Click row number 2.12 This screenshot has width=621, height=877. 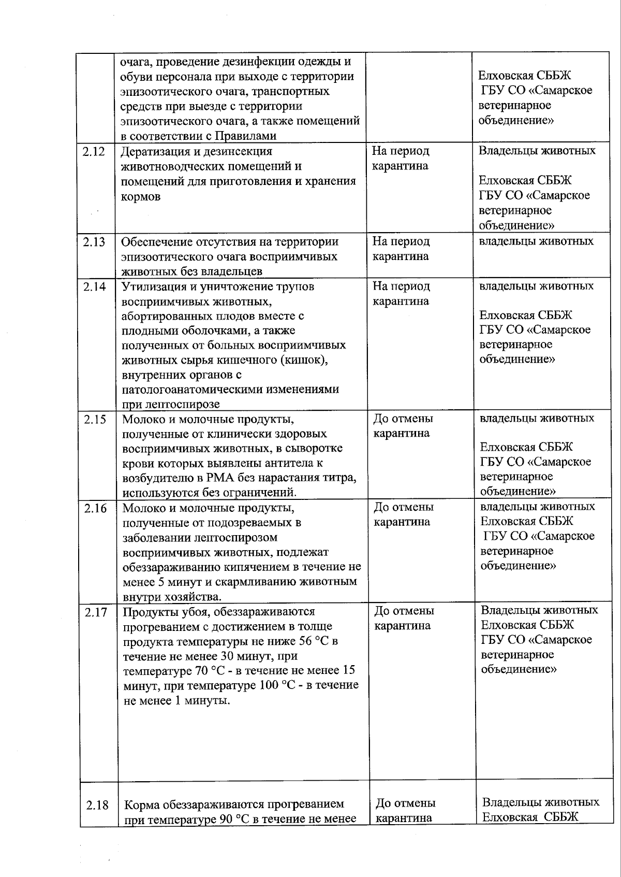(93, 152)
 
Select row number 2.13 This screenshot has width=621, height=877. (94, 242)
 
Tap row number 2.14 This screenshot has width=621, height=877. (94, 286)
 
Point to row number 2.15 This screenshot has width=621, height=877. (95, 419)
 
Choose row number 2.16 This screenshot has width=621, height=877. (96, 508)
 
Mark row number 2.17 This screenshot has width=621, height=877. (96, 612)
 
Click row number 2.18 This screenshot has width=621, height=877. (97, 805)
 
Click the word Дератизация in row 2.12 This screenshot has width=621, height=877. (153, 152)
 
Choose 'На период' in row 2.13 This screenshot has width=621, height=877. (401, 241)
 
